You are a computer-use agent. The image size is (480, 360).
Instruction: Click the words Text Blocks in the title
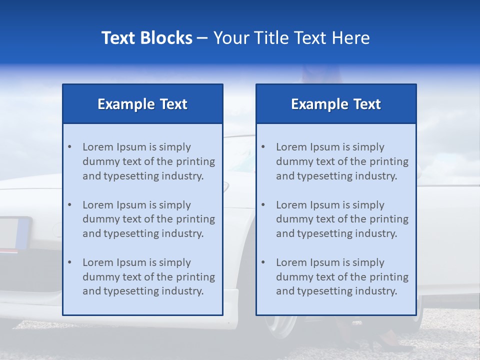click(x=146, y=38)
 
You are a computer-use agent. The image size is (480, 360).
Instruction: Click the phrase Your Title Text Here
click(x=291, y=38)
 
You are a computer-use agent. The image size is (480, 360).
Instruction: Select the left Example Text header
click(x=142, y=104)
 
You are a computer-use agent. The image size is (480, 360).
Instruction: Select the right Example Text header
click(x=336, y=104)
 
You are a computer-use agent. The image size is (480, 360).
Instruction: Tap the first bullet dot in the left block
click(x=69, y=147)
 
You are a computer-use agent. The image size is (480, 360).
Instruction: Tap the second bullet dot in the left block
click(x=69, y=205)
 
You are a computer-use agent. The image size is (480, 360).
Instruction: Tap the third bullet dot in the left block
click(x=69, y=262)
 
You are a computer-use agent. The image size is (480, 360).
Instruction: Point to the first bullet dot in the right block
click(x=263, y=147)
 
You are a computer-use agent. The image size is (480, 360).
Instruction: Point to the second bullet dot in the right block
click(x=263, y=205)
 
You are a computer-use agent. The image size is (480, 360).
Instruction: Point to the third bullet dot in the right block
click(x=263, y=262)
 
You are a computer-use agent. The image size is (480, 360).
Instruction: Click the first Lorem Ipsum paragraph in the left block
click(x=148, y=161)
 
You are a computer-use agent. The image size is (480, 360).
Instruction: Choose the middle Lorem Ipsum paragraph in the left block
click(x=148, y=219)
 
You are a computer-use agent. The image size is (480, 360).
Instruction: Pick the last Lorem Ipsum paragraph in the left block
click(x=148, y=277)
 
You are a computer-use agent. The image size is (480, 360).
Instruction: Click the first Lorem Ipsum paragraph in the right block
click(x=342, y=161)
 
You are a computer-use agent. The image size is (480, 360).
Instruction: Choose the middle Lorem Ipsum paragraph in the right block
click(x=342, y=219)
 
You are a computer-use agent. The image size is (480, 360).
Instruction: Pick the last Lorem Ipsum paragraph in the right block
click(x=342, y=277)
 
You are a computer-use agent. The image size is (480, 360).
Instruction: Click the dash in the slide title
click(x=202, y=38)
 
